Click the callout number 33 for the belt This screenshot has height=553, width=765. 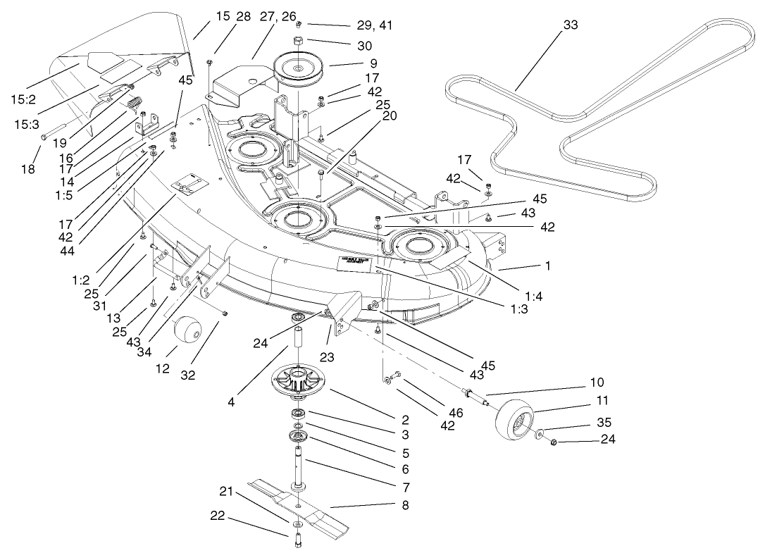[x=571, y=25]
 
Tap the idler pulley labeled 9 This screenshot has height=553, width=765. [x=299, y=68]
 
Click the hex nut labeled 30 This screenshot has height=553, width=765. [x=298, y=40]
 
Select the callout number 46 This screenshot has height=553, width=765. [x=456, y=414]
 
